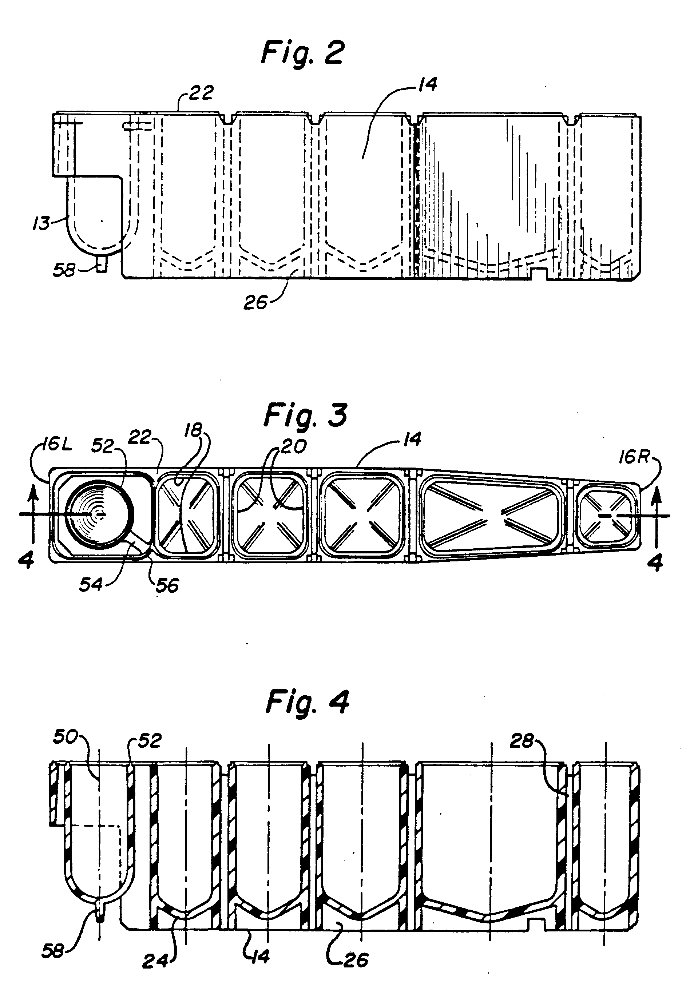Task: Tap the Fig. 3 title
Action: tap(305, 415)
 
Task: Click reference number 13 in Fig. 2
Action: tap(41, 223)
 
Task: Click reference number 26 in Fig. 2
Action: tap(255, 302)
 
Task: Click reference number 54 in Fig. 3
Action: tap(91, 584)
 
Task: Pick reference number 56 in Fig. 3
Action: tap(167, 585)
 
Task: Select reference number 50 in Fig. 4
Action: tap(66, 738)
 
